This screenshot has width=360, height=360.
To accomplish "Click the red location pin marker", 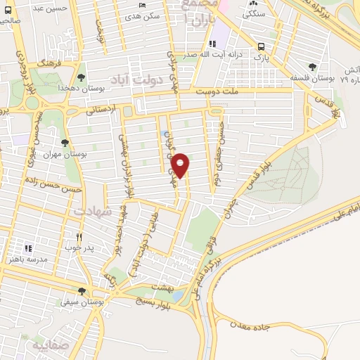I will (x=181, y=165).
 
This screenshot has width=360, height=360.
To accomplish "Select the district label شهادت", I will (x=92, y=210).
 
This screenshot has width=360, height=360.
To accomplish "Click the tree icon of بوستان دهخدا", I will (x=81, y=77).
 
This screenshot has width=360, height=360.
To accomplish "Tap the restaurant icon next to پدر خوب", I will (x=79, y=238).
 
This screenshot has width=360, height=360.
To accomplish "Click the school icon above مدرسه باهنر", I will (x=29, y=248).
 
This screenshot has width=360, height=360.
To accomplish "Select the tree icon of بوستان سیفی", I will (x=82, y=291).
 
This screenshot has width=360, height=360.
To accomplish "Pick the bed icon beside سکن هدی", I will (x=143, y=5).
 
